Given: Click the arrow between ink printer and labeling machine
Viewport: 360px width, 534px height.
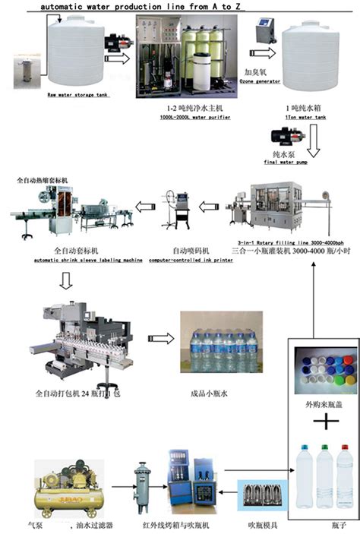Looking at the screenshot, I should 147,204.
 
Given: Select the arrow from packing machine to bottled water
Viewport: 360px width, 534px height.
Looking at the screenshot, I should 159,338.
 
